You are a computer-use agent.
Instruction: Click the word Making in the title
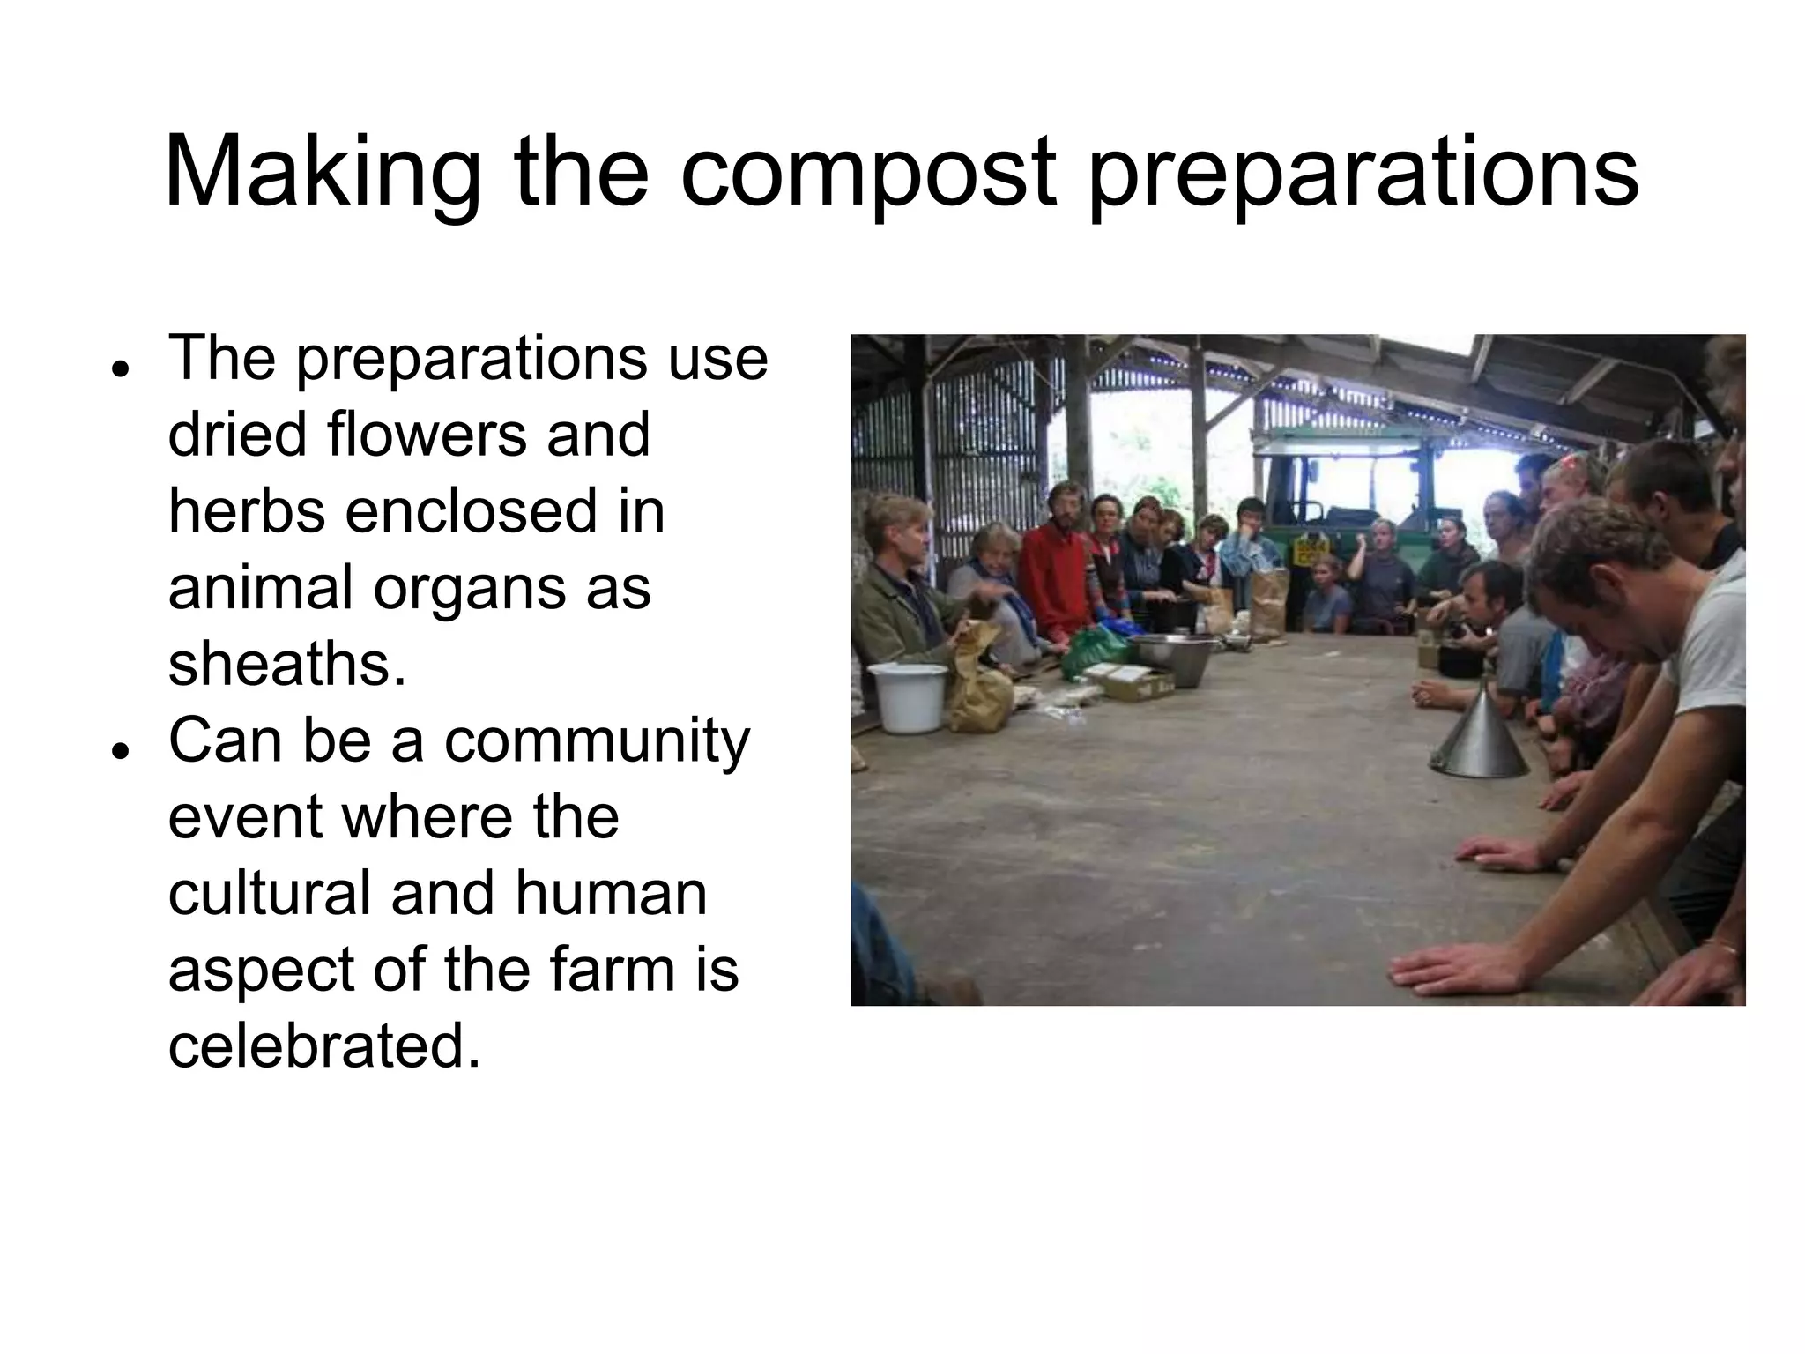[322, 172]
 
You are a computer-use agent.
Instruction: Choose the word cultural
[269, 893]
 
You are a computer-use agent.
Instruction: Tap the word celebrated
[324, 1045]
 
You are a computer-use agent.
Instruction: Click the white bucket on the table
[907, 696]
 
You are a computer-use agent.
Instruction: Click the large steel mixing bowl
[1171, 657]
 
